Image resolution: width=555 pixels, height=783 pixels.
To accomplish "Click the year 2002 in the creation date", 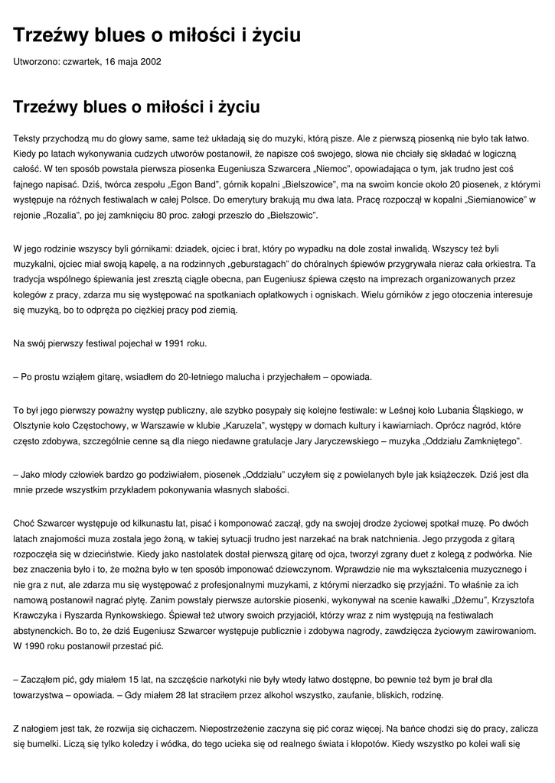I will [x=150, y=61].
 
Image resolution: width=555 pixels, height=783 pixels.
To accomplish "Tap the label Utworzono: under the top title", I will [x=38, y=61].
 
